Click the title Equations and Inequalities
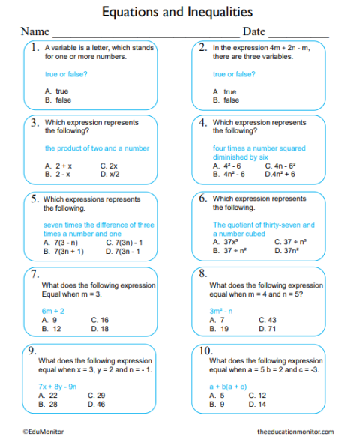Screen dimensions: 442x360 [x=177, y=12]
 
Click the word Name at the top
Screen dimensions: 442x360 [x=34, y=32]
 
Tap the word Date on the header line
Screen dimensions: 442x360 [x=254, y=32]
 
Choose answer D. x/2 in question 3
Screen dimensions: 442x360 [x=109, y=174]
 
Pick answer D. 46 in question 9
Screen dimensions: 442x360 [x=96, y=404]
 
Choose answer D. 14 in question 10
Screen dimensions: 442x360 [x=257, y=404]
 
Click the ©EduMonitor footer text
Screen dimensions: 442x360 [x=43, y=432]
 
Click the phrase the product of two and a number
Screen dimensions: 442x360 [x=97, y=148]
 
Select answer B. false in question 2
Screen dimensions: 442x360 [x=226, y=100]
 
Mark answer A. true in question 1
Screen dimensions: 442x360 [x=57, y=91]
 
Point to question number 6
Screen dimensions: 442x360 [x=203, y=199]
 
